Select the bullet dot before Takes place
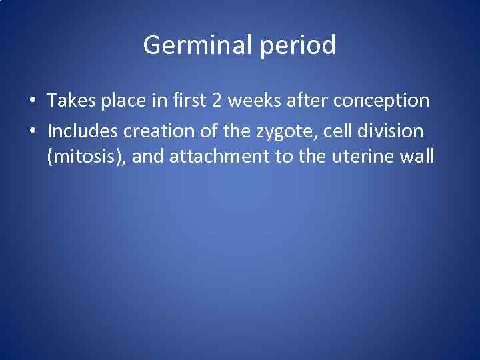tap(33, 101)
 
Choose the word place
tap(121, 101)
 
